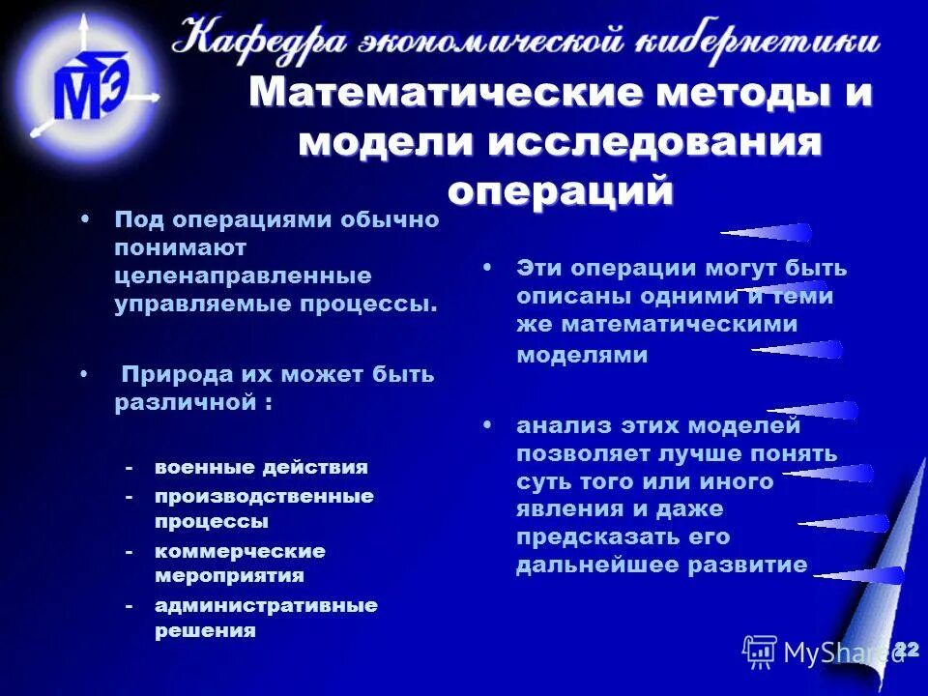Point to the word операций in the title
[561, 188]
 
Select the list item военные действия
[261, 467]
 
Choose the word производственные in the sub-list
[264, 496]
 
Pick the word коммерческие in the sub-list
[240, 551]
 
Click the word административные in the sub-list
[266, 606]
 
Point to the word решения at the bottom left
[205, 631]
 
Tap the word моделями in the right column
[582, 355]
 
